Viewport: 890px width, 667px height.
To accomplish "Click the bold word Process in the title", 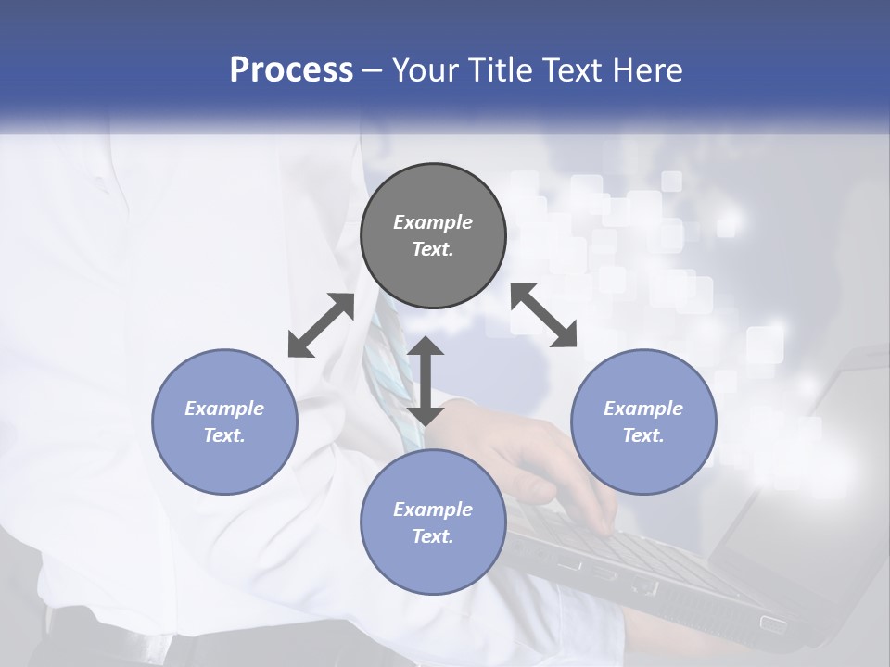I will (x=291, y=69).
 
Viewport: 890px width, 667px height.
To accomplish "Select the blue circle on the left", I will (x=224, y=422).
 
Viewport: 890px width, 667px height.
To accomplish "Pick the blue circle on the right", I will (x=643, y=422).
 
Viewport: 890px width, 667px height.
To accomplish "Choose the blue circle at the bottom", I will (x=433, y=522).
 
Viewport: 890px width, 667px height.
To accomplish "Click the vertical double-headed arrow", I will (x=426, y=381).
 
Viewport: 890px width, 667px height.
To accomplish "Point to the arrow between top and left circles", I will (x=321, y=325).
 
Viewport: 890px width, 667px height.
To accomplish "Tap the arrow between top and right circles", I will (x=544, y=315).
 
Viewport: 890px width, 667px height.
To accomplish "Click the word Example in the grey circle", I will (x=433, y=222).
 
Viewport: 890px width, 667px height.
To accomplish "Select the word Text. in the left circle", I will (x=224, y=435).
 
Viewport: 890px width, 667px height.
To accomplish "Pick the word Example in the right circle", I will (x=643, y=409).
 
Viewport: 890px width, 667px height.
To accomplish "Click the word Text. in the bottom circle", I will (x=433, y=536).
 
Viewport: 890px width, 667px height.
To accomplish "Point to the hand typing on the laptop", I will (x=547, y=463).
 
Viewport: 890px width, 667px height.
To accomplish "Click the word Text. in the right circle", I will (x=643, y=435).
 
